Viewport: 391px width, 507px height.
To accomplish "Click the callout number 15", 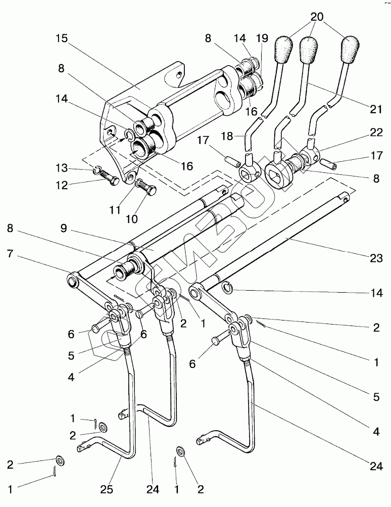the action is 62,38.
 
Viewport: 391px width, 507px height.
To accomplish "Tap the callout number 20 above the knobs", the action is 317,17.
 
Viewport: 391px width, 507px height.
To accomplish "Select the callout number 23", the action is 376,258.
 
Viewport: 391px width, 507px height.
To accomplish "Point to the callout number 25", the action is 106,489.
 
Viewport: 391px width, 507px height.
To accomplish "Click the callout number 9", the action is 64,228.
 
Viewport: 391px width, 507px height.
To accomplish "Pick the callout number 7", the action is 10,254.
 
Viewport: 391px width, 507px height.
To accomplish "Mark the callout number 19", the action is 262,38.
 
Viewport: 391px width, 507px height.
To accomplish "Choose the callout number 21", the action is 376,109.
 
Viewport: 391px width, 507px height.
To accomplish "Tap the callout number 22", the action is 376,132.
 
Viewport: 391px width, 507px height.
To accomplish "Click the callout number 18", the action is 227,136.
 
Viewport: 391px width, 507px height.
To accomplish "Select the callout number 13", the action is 62,168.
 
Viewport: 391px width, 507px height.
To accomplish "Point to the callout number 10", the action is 132,219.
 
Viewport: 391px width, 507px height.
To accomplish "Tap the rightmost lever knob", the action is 351,48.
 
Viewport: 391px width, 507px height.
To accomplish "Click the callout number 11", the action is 115,210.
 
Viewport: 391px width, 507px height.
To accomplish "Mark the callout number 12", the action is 62,186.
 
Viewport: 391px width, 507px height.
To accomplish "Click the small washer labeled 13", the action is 97,169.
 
